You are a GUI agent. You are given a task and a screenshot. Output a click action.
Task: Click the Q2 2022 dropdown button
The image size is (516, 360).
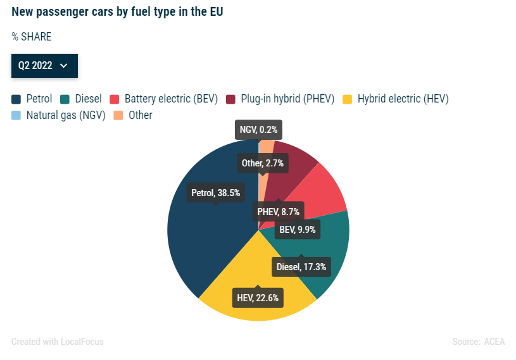44,66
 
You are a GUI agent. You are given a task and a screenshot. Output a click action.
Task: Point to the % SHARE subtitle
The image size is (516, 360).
31,37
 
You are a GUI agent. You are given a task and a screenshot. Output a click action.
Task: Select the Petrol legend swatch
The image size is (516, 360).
16,99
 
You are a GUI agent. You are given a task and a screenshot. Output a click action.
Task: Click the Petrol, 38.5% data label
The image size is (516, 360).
216,193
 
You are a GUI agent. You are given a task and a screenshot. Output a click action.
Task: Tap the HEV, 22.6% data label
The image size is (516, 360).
257,297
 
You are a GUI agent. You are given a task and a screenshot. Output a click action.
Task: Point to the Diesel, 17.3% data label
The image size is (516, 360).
301,267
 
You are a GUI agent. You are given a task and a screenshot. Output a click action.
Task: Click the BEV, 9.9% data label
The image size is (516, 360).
297,229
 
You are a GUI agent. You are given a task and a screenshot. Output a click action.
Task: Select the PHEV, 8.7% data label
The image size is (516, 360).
278,211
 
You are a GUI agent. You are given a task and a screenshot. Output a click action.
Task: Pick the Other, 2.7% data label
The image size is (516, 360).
263,163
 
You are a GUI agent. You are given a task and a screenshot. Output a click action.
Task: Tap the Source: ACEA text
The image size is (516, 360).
479,342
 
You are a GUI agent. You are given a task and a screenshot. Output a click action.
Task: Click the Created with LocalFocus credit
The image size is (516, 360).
58,342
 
